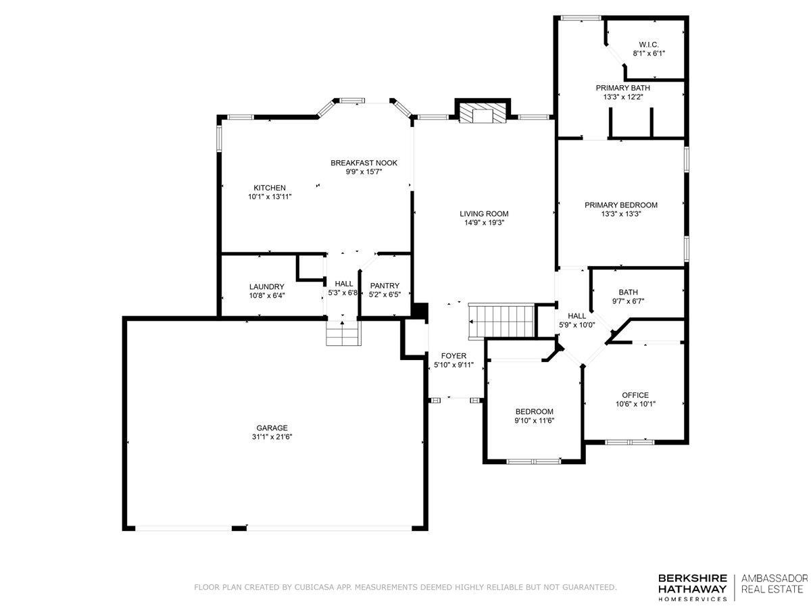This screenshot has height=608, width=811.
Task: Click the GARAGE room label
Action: pyautogui.click(x=272, y=428)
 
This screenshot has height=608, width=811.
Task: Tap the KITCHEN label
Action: pyautogui.click(x=270, y=188)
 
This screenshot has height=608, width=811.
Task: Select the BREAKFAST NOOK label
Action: pyautogui.click(x=364, y=163)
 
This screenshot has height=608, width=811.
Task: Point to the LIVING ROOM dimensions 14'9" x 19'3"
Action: pyautogui.click(x=484, y=223)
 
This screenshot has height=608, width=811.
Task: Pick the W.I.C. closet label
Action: pyautogui.click(x=649, y=45)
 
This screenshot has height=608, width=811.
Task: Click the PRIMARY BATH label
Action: pyautogui.click(x=623, y=88)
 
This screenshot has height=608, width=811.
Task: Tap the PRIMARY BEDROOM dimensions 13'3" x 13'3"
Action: pyautogui.click(x=620, y=213)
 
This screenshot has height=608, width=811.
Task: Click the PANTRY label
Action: pyautogui.click(x=385, y=286)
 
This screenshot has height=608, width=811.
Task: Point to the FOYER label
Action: pyautogui.click(x=453, y=356)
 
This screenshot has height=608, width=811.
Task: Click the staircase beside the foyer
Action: pyautogui.click(x=501, y=321)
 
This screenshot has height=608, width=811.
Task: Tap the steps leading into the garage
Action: pyautogui.click(x=343, y=333)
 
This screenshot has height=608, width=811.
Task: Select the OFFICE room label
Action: pyautogui.click(x=635, y=395)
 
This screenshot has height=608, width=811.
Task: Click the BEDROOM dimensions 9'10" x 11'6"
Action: pyautogui.click(x=535, y=420)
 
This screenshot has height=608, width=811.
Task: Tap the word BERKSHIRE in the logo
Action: pyautogui.click(x=693, y=578)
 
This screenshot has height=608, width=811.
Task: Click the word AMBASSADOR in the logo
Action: pyautogui.click(x=775, y=578)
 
